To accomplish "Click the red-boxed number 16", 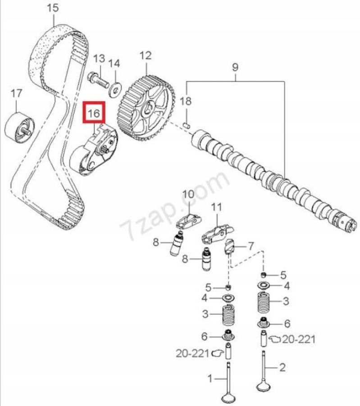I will [x=93, y=113].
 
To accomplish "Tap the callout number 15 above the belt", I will [x=53, y=8].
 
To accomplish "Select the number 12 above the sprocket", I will [x=145, y=56].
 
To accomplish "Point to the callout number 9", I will [x=235, y=68].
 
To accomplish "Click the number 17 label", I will [x=16, y=94].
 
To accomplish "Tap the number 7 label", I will [x=251, y=246].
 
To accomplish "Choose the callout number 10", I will [x=187, y=194].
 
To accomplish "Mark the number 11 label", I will [x=217, y=207].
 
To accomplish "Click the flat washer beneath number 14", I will [x=115, y=88].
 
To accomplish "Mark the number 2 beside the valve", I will [x=283, y=368].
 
